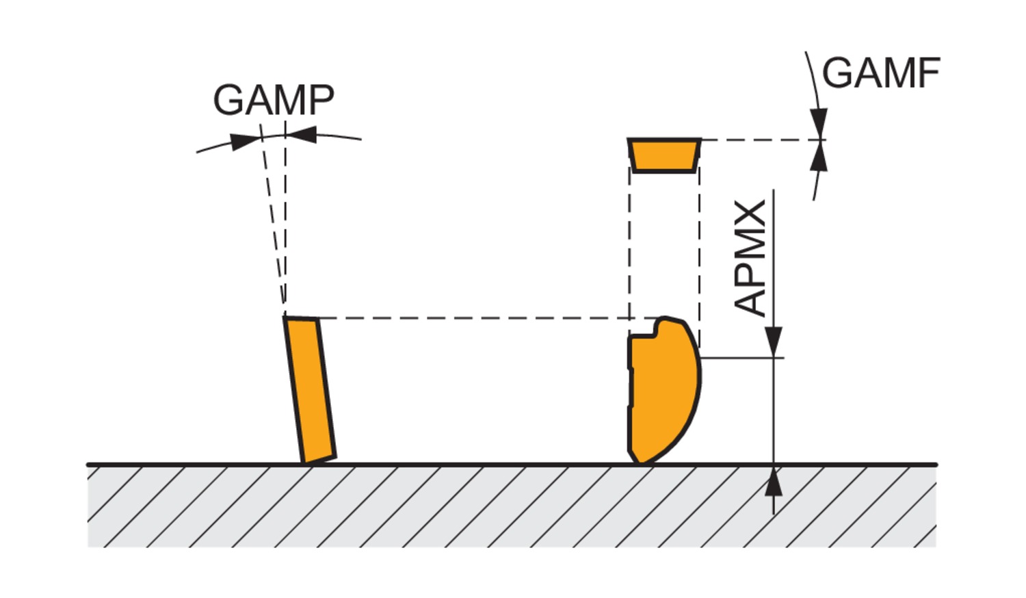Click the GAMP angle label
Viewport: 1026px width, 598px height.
click(x=274, y=100)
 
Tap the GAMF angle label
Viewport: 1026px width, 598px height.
click(x=880, y=73)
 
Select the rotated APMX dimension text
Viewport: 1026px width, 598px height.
click(x=751, y=259)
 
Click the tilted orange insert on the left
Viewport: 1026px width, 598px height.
click(x=310, y=389)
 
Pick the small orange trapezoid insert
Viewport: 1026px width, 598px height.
click(x=664, y=155)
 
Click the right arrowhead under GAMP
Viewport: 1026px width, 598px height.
click(x=302, y=134)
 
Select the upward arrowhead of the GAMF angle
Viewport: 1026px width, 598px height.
click(x=818, y=159)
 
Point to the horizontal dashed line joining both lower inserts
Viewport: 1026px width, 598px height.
click(x=472, y=318)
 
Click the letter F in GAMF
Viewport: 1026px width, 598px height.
click(x=928, y=73)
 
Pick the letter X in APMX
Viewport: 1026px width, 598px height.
click(x=751, y=215)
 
